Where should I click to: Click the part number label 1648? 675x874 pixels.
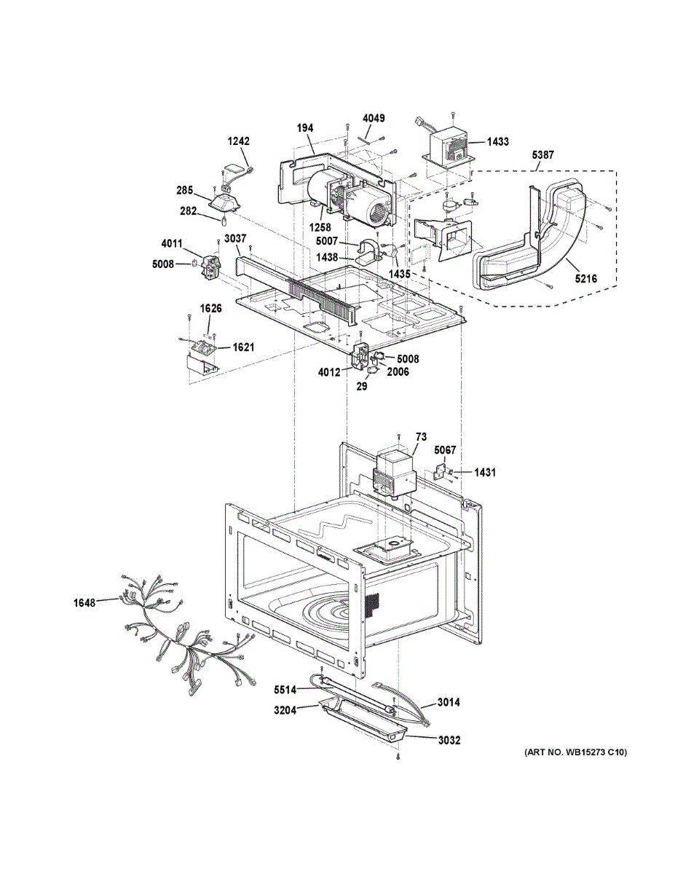click(x=84, y=602)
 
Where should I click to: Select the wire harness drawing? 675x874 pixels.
click(x=186, y=632)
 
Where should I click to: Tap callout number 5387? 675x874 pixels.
click(x=542, y=155)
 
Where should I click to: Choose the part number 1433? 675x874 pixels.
click(x=498, y=142)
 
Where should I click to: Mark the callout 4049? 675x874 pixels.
click(x=374, y=118)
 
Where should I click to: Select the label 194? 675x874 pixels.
click(x=305, y=128)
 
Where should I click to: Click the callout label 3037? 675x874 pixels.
click(x=235, y=238)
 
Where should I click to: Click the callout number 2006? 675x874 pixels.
click(x=398, y=371)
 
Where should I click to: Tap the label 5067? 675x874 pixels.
click(x=445, y=450)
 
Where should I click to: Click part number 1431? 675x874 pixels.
click(x=484, y=473)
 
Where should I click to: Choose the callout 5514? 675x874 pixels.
click(x=285, y=689)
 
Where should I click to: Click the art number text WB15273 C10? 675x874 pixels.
click(x=575, y=752)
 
